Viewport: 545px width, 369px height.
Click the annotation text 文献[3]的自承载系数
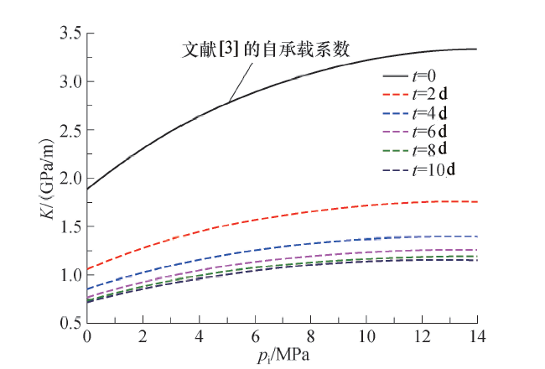[x=266, y=49]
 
